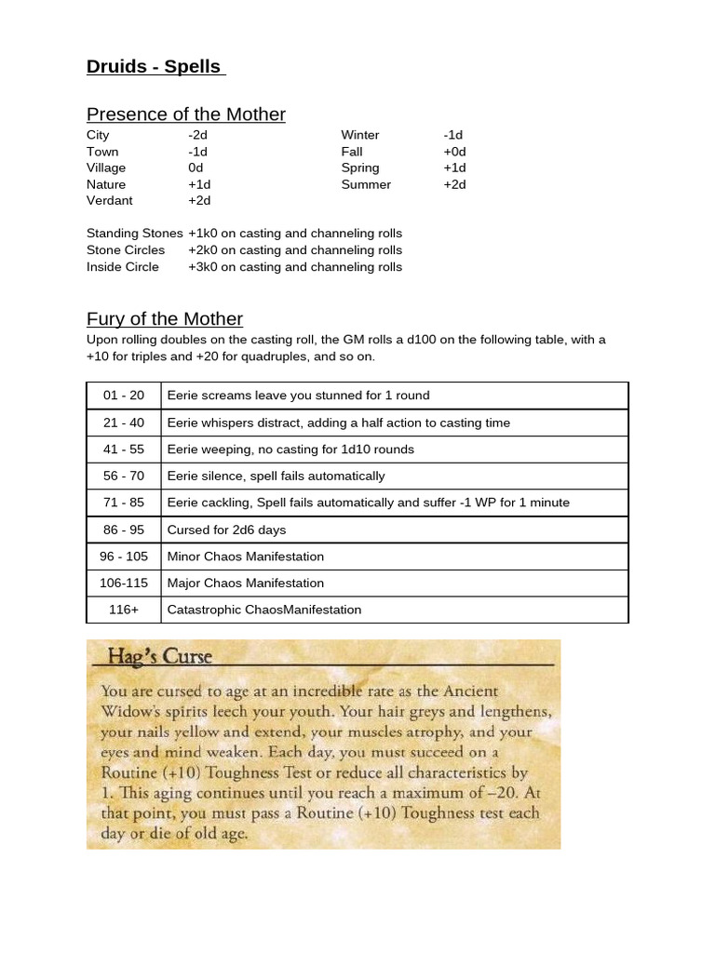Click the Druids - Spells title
(155, 66)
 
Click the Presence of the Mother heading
(185, 114)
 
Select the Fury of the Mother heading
(164, 318)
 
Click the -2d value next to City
(197, 135)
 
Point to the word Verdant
(110, 200)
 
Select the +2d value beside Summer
(454, 184)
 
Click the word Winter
(360, 135)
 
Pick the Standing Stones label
(134, 234)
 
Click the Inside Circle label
(123, 267)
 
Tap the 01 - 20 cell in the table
(124, 396)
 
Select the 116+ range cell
(124, 611)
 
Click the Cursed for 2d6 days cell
(226, 530)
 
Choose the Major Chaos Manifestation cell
(245, 584)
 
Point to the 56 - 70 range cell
(124, 476)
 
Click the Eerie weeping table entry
(290, 450)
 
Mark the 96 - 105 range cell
(124, 557)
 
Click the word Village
(106, 168)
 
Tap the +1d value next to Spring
(454, 168)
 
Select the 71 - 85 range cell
(124, 503)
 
